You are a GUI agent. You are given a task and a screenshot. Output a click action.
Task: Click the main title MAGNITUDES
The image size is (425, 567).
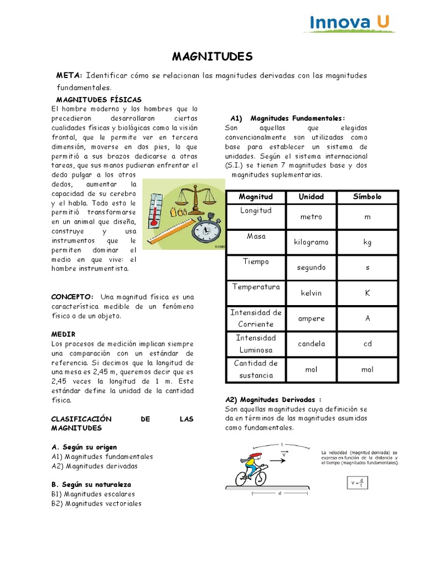point(212,56)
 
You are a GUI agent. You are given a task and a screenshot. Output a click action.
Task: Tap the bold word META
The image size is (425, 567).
point(69,75)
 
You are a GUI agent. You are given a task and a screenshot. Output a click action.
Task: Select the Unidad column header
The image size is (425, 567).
point(311,197)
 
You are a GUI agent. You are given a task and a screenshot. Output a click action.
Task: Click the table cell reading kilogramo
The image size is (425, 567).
point(311,242)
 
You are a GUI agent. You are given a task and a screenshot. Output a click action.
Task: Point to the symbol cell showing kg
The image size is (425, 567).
point(367,242)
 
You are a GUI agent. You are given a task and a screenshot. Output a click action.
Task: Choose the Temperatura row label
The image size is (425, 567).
point(256,287)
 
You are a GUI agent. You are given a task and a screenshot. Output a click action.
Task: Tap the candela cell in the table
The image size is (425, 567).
point(311,344)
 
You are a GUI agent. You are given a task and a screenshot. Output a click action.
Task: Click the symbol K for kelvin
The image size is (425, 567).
point(367,293)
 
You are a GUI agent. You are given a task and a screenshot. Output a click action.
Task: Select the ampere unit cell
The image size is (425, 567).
point(311,318)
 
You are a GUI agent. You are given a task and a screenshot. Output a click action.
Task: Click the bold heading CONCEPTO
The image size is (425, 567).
point(72,296)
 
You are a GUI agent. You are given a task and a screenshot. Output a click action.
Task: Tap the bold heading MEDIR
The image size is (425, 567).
point(63,334)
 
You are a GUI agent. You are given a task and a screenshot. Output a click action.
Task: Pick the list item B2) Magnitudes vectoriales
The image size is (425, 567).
point(96,503)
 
